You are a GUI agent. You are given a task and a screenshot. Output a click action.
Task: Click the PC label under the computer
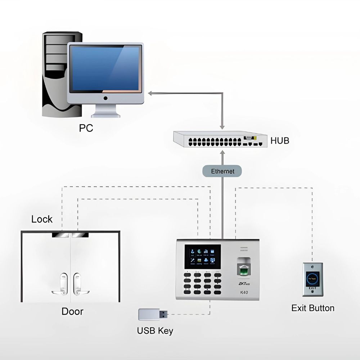pos(86,128)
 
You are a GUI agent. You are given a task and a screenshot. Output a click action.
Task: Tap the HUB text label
pos(280,140)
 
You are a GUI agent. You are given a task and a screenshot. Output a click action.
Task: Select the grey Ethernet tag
pos(222,171)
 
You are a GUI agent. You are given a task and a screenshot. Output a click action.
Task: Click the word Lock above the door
pos(42,219)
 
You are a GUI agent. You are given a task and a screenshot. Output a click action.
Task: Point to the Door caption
pos(72,311)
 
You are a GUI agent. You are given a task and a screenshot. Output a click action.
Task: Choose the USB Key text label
pos(155,330)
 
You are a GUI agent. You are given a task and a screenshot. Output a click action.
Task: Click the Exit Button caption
pos(312,308)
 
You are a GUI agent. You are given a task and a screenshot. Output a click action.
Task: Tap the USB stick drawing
pos(153,314)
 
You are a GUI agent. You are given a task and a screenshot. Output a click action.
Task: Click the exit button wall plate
pos(312,280)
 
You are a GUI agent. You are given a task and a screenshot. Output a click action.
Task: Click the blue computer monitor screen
pos(105,68)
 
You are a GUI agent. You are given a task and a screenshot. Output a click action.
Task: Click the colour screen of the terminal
pos(202,256)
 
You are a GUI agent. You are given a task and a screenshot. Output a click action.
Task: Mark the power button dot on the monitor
pos(105,98)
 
